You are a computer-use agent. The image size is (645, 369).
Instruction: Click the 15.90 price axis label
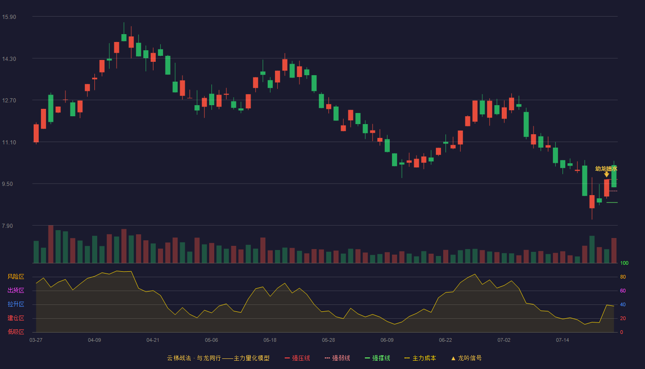pyautogui.click(x=9, y=17)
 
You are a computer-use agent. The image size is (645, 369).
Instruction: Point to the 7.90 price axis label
pyautogui.click(x=7, y=226)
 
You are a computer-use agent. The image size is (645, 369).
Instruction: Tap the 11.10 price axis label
pyautogui.click(x=9, y=143)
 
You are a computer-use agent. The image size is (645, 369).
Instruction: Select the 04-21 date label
pyautogui.click(x=152, y=340)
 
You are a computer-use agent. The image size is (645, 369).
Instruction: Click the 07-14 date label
pyautogui.click(x=563, y=340)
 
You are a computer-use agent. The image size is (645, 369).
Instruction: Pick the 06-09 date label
pyautogui.click(x=387, y=340)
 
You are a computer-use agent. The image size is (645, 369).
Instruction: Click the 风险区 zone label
pyautogui.click(x=16, y=277)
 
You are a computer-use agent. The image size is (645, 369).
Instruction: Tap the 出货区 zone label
pyautogui.click(x=16, y=290)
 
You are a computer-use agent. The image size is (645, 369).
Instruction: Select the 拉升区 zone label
pyautogui.click(x=16, y=304)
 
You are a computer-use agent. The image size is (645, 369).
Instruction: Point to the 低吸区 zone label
pyautogui.click(x=16, y=332)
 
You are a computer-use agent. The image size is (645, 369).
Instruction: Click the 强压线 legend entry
pyautogui.click(x=297, y=358)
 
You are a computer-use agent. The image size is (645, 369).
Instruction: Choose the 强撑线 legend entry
pyautogui.click(x=377, y=358)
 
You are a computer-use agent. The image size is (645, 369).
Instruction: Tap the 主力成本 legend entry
pyautogui.click(x=420, y=358)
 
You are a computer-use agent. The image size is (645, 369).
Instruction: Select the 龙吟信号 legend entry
pyautogui.click(x=466, y=358)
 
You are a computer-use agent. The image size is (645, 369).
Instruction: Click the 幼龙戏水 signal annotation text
pyautogui.click(x=606, y=169)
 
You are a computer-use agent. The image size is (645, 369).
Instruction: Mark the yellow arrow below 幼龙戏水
pyautogui.click(x=606, y=174)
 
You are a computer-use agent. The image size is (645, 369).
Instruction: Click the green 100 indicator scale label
pyautogui.click(x=624, y=263)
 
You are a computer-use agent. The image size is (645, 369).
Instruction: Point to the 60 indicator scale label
pyautogui.click(x=623, y=291)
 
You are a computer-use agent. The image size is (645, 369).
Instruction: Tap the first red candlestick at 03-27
pyautogui.click(x=36, y=133)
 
